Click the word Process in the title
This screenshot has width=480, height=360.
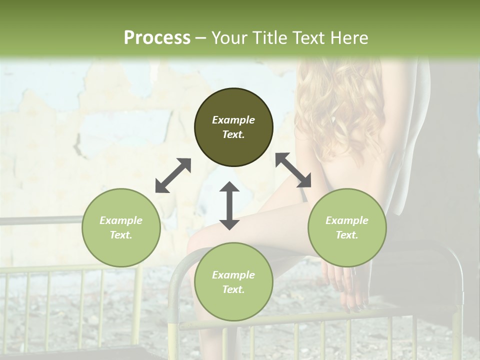point(157,38)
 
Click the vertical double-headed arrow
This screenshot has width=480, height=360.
point(229,205)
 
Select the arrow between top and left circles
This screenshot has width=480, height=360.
point(173,175)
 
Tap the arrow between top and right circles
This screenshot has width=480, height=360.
point(293,170)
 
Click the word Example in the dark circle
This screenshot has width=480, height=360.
point(233,120)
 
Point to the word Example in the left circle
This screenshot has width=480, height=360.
point(121,220)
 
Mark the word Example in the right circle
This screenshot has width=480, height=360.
point(347,220)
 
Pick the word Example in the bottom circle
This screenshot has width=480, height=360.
point(233,275)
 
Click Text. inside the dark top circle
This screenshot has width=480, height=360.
point(233,134)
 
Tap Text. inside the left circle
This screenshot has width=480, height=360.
point(121,235)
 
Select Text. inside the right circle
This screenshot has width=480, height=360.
point(347,235)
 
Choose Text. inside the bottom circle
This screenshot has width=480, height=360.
point(233,289)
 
